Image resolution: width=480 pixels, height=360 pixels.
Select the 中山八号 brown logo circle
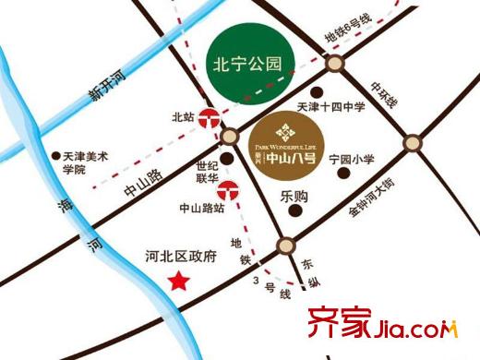point(288,143)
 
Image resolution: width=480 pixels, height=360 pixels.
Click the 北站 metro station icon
point(211,118)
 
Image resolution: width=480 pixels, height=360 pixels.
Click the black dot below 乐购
point(294,211)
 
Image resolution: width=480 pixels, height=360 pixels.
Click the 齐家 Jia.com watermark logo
point(388,325)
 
